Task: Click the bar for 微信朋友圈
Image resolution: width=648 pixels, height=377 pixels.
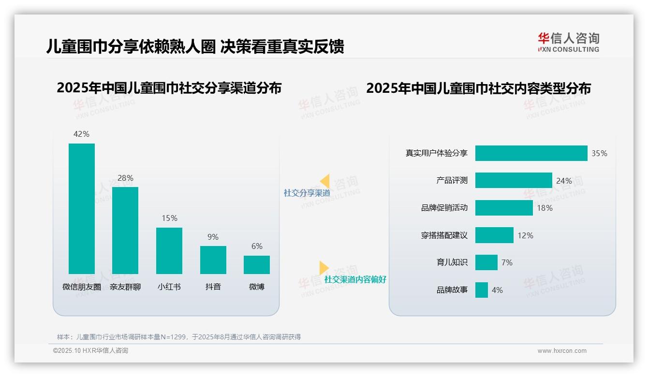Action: [x=81, y=208]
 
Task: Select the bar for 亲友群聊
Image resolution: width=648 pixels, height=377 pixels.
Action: [x=125, y=230]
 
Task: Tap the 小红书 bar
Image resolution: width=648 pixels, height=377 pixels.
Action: [x=169, y=250]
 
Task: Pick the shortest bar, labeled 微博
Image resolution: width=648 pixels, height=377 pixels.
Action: [x=257, y=265]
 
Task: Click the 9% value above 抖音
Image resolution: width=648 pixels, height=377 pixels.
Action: [x=213, y=237]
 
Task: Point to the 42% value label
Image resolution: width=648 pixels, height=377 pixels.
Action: [x=81, y=134]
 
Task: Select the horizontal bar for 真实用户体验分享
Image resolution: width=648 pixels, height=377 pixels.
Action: [x=531, y=153]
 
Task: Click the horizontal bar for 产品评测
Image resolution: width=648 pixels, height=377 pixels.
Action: [x=513, y=180]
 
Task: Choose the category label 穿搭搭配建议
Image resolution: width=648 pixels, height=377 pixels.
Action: [x=444, y=235]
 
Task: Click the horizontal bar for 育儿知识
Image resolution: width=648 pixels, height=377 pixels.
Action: [x=486, y=262]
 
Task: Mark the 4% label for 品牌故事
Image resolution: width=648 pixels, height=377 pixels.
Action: [x=497, y=290]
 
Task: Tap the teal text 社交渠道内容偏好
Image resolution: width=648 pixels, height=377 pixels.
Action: [x=355, y=279]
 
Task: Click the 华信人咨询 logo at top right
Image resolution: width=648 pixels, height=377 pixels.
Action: [x=568, y=42]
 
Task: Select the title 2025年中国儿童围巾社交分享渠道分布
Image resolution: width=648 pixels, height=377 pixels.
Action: [x=169, y=88]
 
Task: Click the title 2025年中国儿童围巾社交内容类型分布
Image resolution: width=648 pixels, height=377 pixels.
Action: [x=478, y=88]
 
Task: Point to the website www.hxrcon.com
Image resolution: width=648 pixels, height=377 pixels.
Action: [x=562, y=351]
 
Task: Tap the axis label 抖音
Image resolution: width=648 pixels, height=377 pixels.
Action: [x=213, y=287]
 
